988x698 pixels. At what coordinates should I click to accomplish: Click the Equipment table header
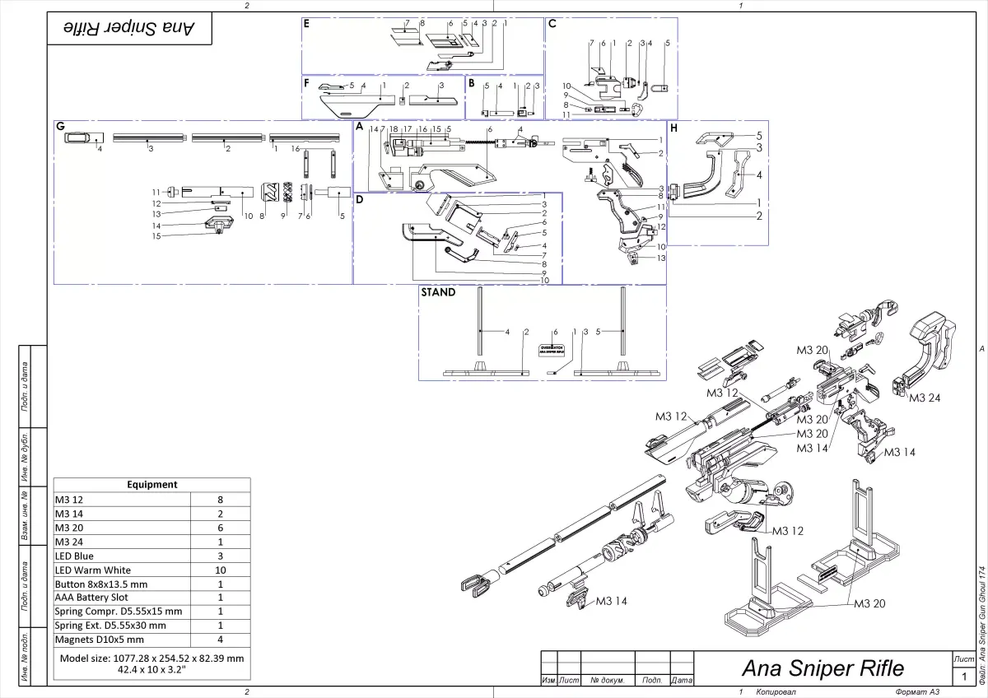(x=151, y=485)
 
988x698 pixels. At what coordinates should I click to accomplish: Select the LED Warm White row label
(x=93, y=570)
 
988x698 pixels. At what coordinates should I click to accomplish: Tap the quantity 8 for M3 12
(x=220, y=499)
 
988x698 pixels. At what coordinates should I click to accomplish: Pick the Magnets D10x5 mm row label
(x=99, y=639)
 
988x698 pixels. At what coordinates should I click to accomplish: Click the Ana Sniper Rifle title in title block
(x=823, y=668)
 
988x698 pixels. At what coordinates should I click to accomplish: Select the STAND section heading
(x=438, y=292)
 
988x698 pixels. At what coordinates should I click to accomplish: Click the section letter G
(x=60, y=127)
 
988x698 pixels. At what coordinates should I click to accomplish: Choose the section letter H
(x=673, y=128)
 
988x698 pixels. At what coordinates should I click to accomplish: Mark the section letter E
(x=306, y=24)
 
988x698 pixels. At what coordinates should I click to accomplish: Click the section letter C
(x=552, y=24)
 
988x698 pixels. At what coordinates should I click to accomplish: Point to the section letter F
(x=306, y=82)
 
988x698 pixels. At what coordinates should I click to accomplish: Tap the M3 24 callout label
(x=925, y=398)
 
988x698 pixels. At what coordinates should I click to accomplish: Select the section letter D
(x=360, y=199)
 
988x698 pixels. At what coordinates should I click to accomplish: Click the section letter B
(x=471, y=82)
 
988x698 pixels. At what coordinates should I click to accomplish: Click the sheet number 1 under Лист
(x=964, y=677)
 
